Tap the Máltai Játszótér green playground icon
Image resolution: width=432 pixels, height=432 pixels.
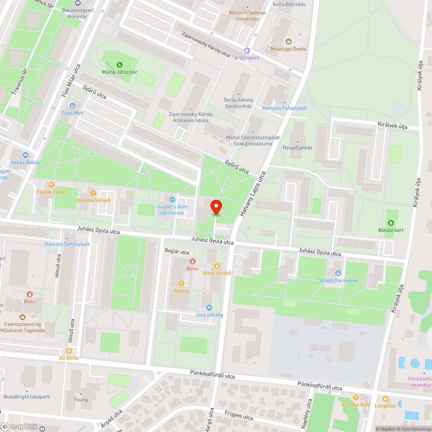120,65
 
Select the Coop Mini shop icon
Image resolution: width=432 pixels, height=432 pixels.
72,105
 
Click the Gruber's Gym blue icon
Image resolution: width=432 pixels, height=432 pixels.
172,199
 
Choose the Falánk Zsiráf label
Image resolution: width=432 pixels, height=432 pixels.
51,191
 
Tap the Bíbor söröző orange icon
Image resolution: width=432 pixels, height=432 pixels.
217,266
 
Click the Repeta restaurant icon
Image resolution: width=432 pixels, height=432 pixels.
181,283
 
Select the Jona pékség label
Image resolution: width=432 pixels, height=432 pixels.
209,315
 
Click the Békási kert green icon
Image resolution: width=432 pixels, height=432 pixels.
391,223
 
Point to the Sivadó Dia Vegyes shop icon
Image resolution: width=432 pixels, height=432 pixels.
338,273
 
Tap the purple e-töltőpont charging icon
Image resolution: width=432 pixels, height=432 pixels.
247,51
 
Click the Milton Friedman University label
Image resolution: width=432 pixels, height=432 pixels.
248,16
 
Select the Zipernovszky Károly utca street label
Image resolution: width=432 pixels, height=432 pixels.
206,45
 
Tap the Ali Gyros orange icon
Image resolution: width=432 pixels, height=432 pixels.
69,351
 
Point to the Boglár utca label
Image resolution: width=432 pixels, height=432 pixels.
177,252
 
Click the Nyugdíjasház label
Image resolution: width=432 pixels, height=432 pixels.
297,147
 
